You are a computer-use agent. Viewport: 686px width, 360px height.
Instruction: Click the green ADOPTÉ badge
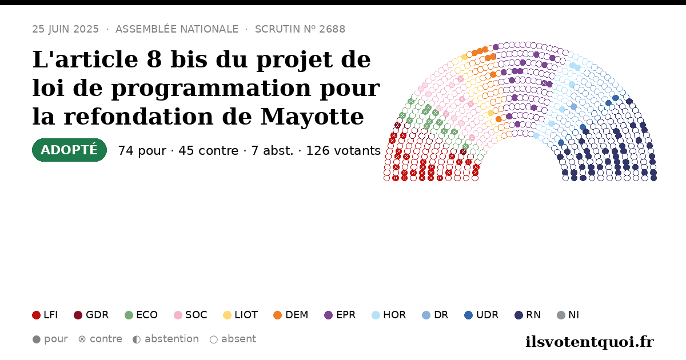[69, 150]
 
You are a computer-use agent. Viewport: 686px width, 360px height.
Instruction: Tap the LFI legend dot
[36, 315]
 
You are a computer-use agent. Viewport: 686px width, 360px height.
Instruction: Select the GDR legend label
[97, 315]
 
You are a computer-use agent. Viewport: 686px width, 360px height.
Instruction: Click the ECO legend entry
[141, 315]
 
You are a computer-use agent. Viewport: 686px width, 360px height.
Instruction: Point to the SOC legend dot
[178, 315]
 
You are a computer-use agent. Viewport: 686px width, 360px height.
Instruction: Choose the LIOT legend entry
[241, 315]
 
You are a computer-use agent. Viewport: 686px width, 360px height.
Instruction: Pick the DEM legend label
[297, 315]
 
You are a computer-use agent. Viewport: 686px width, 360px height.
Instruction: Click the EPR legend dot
[328, 315]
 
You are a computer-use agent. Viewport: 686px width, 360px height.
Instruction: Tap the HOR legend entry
[389, 315]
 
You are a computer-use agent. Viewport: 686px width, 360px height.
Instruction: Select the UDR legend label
[487, 315]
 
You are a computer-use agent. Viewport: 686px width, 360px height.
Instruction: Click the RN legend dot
[519, 315]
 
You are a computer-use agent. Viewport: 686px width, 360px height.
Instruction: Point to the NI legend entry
[568, 315]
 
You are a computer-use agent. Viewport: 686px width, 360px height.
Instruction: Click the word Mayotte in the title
[312, 117]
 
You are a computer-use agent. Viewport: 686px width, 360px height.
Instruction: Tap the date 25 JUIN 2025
[66, 29]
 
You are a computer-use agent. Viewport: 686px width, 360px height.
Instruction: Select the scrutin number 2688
[332, 29]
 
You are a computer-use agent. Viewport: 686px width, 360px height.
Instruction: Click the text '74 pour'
[142, 151]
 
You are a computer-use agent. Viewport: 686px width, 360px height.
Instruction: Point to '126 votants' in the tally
[344, 151]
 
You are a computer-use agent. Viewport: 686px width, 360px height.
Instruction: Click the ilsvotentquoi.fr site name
[589, 342]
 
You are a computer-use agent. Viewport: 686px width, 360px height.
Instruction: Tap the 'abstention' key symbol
[137, 339]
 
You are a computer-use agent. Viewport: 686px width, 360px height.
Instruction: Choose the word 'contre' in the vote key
[106, 339]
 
